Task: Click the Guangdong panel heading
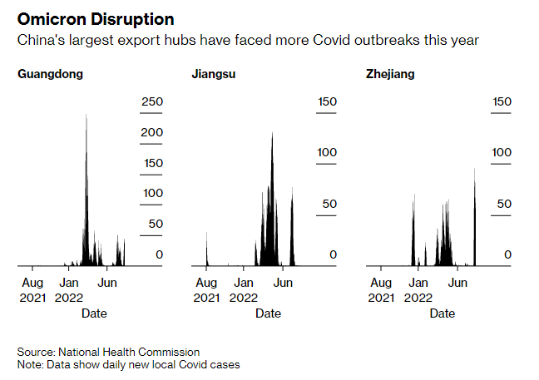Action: pos(50,74)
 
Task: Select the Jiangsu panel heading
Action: pos(214,74)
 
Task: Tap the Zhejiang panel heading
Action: pos(390,74)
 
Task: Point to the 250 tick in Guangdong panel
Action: pos(151,101)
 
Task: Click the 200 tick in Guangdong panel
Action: pos(151,132)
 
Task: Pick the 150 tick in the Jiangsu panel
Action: pos(326,101)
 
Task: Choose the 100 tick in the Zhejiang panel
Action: pos(501,152)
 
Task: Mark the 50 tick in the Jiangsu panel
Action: pos(329,204)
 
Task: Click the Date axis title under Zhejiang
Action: pos(443,313)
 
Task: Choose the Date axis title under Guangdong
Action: pos(93,313)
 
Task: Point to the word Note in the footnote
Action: pos(29,365)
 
